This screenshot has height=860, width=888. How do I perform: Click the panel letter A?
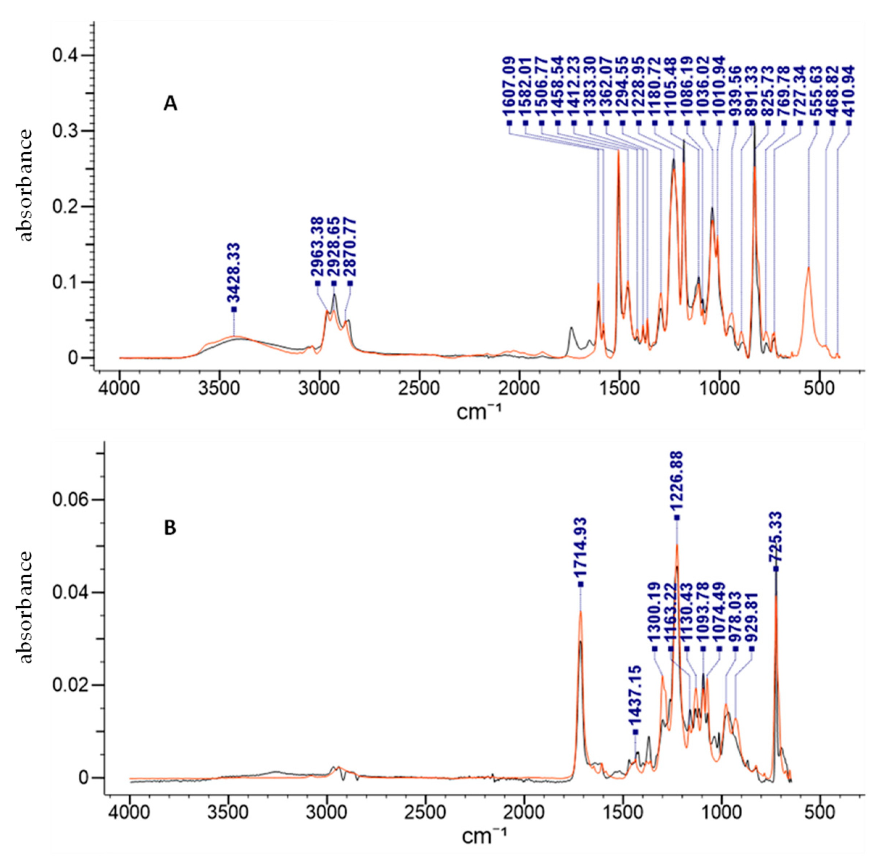(x=170, y=104)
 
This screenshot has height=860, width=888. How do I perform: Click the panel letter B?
(x=170, y=528)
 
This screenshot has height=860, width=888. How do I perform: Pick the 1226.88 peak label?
(x=677, y=480)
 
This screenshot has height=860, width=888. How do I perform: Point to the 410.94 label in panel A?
(x=849, y=93)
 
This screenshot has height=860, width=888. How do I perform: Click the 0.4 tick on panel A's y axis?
(x=67, y=56)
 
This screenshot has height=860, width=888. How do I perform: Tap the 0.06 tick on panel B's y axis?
(x=72, y=500)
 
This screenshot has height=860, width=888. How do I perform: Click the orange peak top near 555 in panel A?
(x=808, y=267)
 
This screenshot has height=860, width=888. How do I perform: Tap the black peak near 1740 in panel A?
(x=571, y=327)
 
